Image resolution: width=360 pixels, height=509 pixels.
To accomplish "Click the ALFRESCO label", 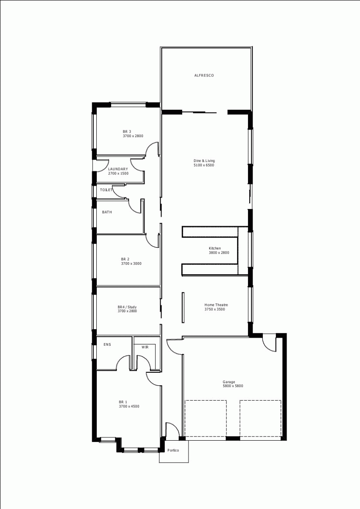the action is pyautogui.click(x=204, y=75).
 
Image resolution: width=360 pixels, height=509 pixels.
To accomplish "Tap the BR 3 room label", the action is pyautogui.click(x=127, y=131).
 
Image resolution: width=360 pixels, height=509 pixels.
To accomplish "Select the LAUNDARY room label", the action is pyautogui.click(x=118, y=169).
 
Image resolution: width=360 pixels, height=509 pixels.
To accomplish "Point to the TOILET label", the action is pyautogui.click(x=106, y=190).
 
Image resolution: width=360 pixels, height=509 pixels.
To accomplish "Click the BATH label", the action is pyautogui.click(x=107, y=212).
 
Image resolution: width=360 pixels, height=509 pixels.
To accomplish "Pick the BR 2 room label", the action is pyautogui.click(x=125, y=259).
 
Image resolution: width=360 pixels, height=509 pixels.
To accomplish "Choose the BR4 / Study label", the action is pyautogui.click(x=127, y=307).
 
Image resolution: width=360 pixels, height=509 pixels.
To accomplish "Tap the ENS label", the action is pyautogui.click(x=107, y=344).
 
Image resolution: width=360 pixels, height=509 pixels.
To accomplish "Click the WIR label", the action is pyautogui.click(x=145, y=347).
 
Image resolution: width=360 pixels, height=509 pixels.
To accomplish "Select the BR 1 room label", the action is pyautogui.click(x=123, y=402).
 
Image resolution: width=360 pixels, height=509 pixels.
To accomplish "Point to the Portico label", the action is pyautogui.click(x=173, y=450).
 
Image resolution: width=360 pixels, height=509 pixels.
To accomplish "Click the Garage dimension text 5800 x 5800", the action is pyautogui.click(x=233, y=386).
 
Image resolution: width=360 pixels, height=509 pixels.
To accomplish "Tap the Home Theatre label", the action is pyautogui.click(x=216, y=305).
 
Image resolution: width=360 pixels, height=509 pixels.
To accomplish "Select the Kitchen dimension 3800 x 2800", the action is pyautogui.click(x=219, y=253).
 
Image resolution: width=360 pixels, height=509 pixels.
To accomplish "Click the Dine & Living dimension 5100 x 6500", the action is pyautogui.click(x=204, y=165).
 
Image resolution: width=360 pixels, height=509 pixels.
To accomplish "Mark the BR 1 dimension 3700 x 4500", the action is pyautogui.click(x=129, y=406).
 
